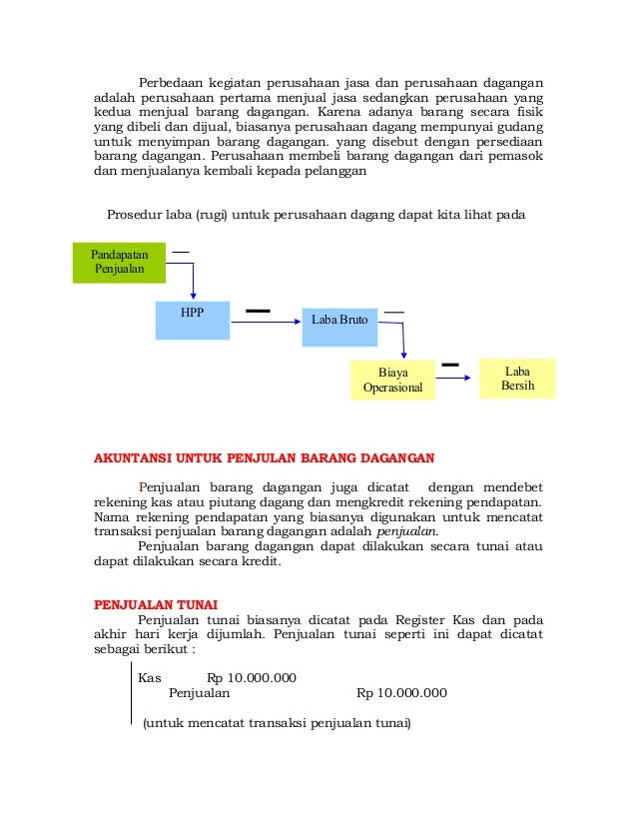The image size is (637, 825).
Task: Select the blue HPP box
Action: click(192, 320)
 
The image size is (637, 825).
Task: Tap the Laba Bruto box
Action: click(339, 321)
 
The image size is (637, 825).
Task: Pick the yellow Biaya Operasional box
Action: click(392, 380)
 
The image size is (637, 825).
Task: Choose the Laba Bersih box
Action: click(517, 378)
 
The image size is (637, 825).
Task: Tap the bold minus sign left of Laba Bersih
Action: click(450, 365)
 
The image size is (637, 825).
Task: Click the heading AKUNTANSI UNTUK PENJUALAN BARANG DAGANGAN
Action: click(264, 459)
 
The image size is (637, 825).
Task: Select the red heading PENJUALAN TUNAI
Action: click(155, 605)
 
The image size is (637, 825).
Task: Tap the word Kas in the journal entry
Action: click(150, 677)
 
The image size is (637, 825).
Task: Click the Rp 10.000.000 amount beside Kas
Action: click(252, 677)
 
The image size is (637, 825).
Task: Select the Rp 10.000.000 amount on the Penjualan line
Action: click(401, 692)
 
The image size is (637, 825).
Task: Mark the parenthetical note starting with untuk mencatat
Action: click(277, 722)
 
